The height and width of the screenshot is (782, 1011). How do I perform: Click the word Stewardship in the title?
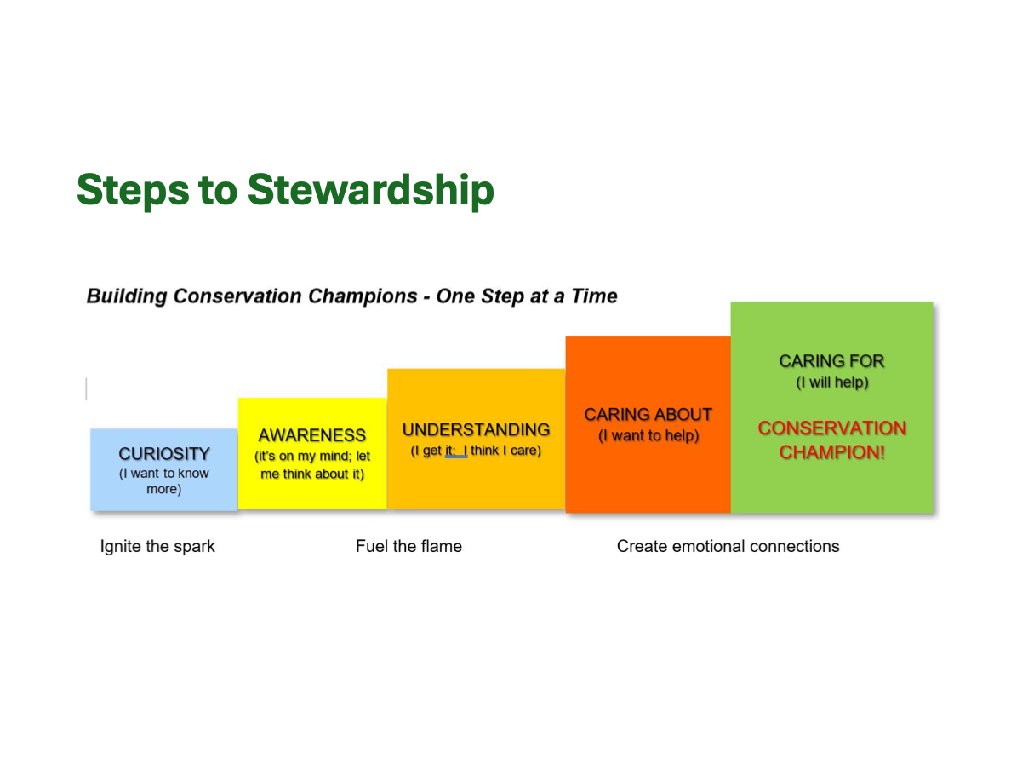coord(371,190)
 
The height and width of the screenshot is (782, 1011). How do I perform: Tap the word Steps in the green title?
coord(133,191)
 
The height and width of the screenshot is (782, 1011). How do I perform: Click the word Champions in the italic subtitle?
coord(363,296)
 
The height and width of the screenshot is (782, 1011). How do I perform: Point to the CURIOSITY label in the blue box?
coord(164,454)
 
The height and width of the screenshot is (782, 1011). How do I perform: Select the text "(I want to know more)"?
coord(163,481)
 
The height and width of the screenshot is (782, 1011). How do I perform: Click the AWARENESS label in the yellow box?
coord(312,435)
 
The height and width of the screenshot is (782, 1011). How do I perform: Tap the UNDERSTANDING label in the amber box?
coord(477,429)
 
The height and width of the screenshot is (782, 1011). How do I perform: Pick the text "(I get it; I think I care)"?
coord(476,451)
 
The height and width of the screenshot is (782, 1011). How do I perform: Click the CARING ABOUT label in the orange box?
coord(648,414)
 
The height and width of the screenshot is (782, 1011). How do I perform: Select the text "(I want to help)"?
coord(648,435)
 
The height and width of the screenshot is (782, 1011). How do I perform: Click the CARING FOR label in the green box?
coord(831,361)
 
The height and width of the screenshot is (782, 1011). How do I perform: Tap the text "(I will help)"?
coord(832,382)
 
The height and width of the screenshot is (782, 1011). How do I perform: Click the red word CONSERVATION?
coord(832,428)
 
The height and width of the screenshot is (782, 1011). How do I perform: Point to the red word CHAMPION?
coord(832,452)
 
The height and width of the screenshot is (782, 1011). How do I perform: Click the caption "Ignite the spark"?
coord(157,547)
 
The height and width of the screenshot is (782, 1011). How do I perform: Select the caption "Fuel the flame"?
coord(408,547)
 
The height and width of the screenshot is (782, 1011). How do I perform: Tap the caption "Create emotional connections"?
coord(728,547)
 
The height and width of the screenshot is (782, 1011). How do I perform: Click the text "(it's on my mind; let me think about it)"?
coord(312,465)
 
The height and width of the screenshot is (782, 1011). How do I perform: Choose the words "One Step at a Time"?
coord(527,296)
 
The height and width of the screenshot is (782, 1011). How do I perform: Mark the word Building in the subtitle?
coord(127,296)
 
